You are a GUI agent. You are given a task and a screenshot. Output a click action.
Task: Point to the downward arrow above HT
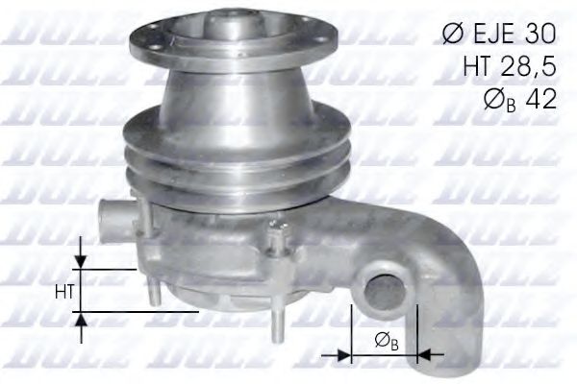click(82, 262)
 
